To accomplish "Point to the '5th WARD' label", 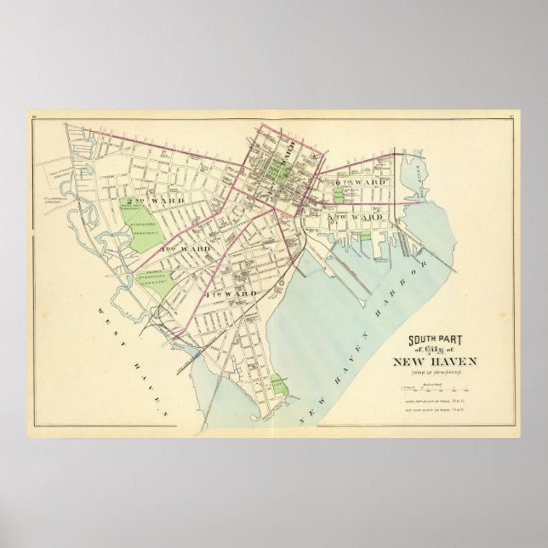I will (x=351, y=218).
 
